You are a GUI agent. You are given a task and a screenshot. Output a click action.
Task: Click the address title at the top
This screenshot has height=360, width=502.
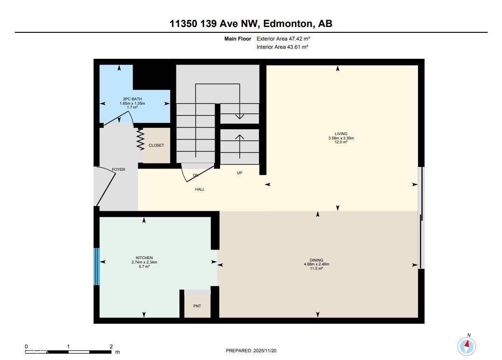coord(251,23)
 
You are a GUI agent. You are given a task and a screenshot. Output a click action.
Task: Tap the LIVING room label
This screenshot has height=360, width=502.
coord(341,134)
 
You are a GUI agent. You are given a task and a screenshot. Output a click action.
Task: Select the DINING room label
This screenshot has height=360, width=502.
coord(316,260)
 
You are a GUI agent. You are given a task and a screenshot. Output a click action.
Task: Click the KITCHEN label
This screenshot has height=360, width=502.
coord(144,258)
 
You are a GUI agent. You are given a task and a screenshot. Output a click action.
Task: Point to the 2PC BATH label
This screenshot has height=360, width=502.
coord(133,99)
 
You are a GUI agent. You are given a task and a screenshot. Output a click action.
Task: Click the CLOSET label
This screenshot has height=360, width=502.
coord(156,145)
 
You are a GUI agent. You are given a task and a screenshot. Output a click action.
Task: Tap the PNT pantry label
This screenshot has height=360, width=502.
coord(198,306)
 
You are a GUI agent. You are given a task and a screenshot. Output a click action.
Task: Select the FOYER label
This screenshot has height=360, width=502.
coord(119,170)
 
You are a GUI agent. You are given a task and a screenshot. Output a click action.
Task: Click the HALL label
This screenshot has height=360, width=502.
coord(200,189)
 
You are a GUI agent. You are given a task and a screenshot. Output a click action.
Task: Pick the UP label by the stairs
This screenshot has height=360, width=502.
coord(239,173)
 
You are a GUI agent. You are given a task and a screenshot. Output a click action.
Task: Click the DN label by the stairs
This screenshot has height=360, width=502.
coord(196,175)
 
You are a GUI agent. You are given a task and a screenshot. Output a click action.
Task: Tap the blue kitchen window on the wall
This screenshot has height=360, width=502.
coord(96,266)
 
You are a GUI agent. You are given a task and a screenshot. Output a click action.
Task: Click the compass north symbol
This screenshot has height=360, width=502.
coord(466,346)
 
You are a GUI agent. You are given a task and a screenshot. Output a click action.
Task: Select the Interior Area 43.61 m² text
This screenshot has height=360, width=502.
coord(282,47)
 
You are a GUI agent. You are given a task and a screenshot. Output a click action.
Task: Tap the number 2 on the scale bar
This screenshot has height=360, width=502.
coord(111,346)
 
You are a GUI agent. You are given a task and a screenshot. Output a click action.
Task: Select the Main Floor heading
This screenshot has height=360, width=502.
coord(238,39)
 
